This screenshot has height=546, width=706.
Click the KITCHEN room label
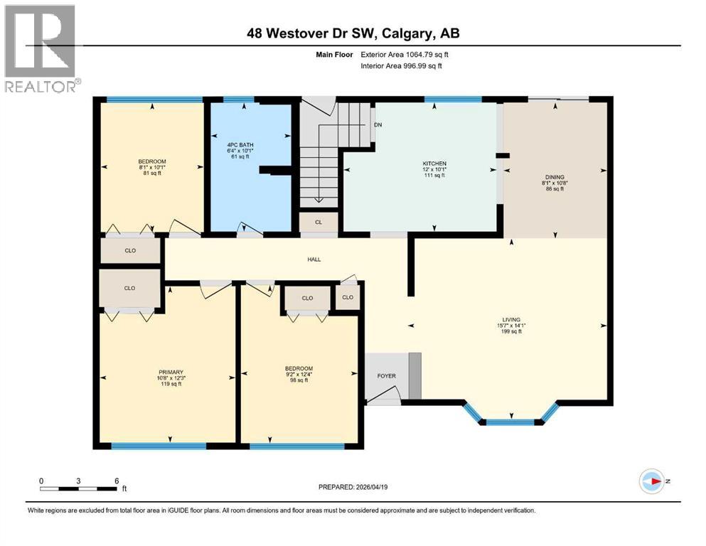coord(434,164)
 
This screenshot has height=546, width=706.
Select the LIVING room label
coord(510,320)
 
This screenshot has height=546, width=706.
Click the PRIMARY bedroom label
coord(171,372)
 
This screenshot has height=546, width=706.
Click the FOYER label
coord(386,376)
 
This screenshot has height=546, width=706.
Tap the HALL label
coord(314,259)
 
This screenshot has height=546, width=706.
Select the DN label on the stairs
coord(378,124)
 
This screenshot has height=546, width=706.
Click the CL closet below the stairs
coord(319,223)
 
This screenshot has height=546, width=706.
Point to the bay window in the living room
coord(511,421)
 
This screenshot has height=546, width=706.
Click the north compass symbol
coord(651,482)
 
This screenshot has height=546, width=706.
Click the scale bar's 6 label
coord(116,481)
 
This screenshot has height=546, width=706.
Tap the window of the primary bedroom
coord(159,446)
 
